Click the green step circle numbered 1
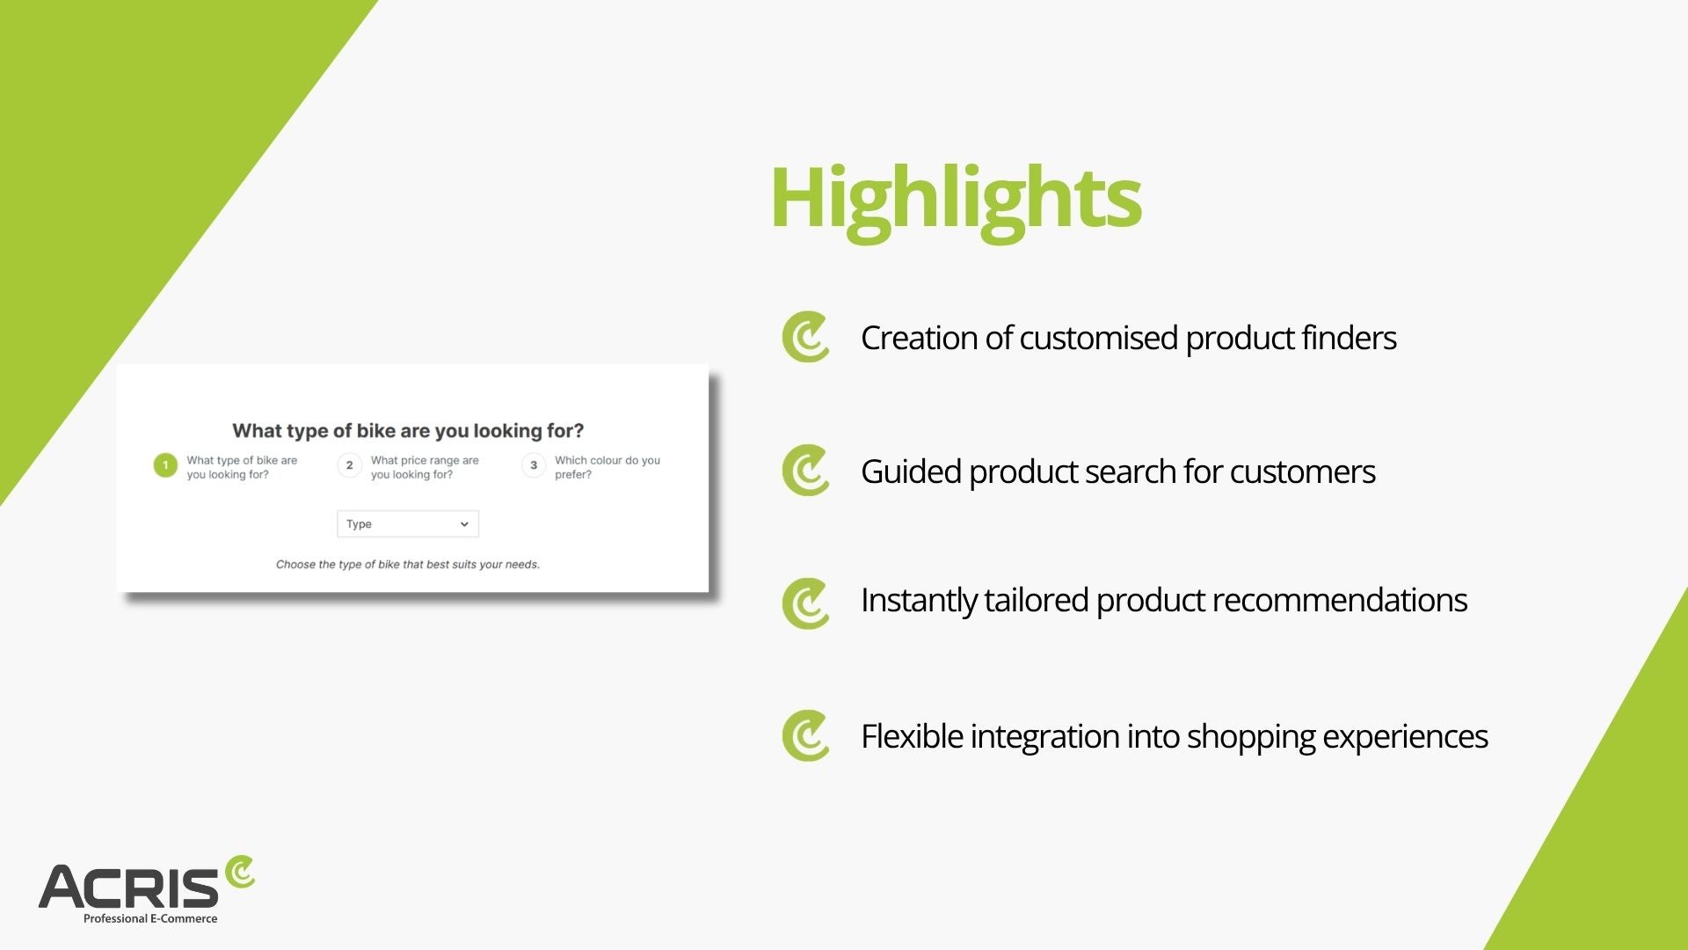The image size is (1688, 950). point(165,465)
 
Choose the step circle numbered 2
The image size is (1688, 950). point(349,465)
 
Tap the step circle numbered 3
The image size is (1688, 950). point(534,465)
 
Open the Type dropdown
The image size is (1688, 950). point(408,524)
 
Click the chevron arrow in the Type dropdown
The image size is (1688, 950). point(464,524)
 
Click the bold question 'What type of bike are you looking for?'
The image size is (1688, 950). point(408,431)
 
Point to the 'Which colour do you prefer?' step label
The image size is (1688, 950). point(608,467)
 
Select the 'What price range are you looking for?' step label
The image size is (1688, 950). point(425,467)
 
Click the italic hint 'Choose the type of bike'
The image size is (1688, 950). point(408,565)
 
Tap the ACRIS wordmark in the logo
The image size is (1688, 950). point(128,887)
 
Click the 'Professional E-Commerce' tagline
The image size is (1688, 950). point(150,918)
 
